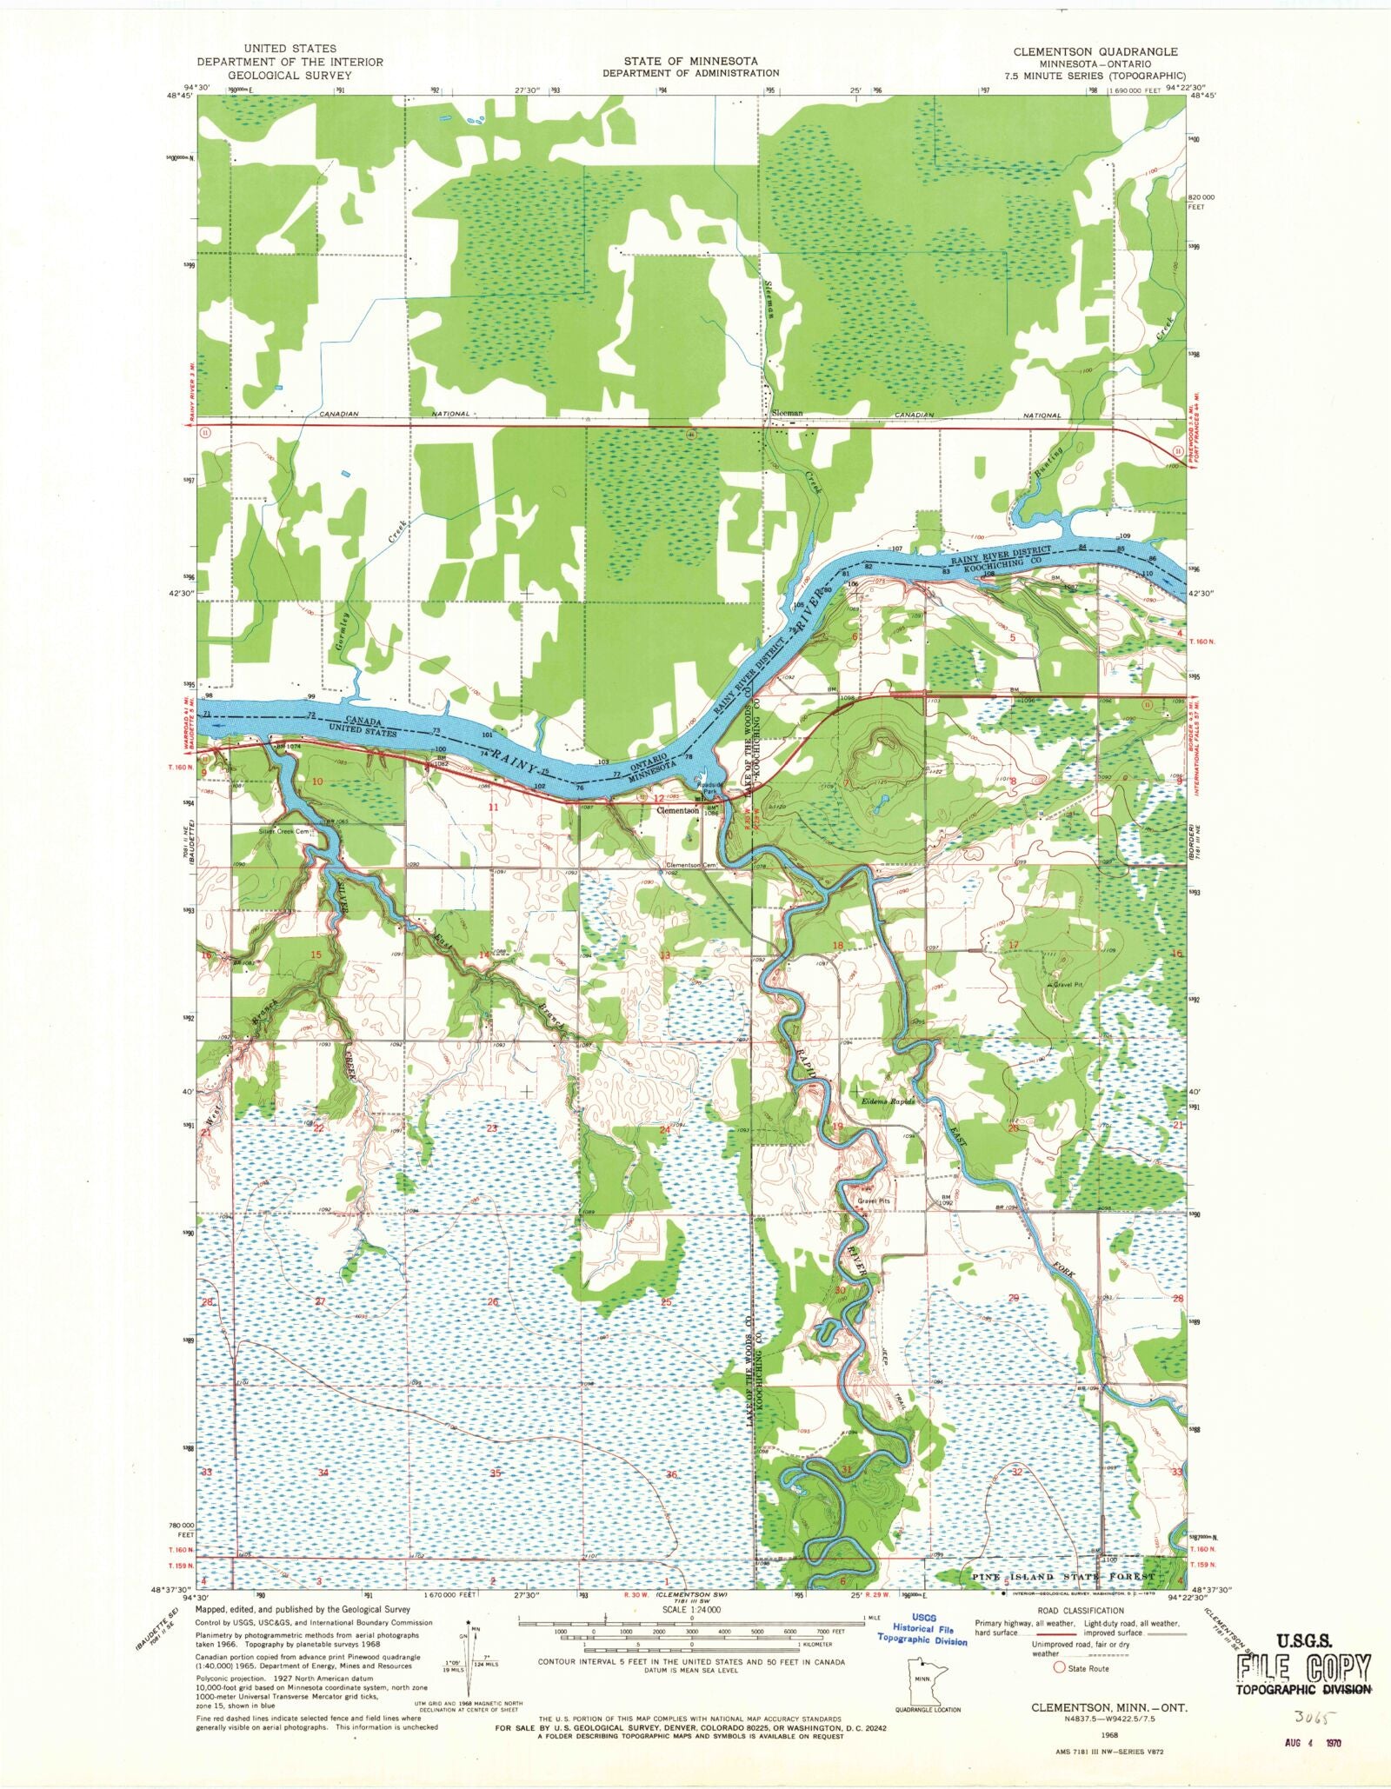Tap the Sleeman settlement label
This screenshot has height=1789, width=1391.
(788, 414)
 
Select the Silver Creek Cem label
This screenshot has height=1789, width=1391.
(284, 831)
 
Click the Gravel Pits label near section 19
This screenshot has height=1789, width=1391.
(875, 1202)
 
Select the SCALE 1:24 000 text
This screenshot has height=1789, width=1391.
(692, 1610)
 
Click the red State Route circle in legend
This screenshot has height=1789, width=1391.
(1059, 1668)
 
